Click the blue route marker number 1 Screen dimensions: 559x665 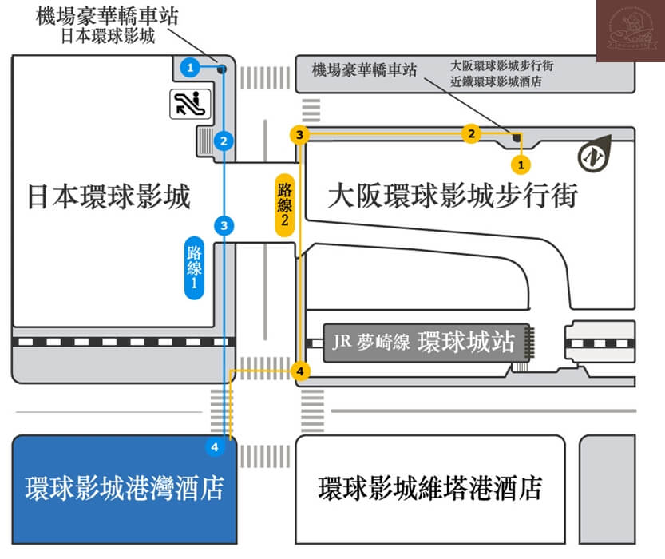click(190, 67)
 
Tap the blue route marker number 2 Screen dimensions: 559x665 click(224, 141)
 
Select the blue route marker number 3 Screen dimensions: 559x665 click(224, 226)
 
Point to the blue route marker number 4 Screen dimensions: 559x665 click(214, 447)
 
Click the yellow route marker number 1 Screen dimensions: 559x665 click(521, 165)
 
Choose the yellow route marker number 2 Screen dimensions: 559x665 click(472, 133)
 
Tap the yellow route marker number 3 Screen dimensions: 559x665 click(299, 134)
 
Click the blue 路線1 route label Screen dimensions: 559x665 click(194, 268)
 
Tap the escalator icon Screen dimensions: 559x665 click(189, 103)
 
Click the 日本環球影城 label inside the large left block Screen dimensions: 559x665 click(109, 196)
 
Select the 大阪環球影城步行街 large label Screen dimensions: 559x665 click(452, 196)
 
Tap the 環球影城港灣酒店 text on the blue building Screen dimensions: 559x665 click(124, 487)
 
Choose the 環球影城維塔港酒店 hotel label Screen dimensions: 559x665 click(429, 487)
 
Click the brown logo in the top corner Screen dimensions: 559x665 click(630, 30)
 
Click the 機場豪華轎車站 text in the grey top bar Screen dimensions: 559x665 click(365, 70)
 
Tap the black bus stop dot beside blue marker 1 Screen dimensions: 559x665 click(222, 69)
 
